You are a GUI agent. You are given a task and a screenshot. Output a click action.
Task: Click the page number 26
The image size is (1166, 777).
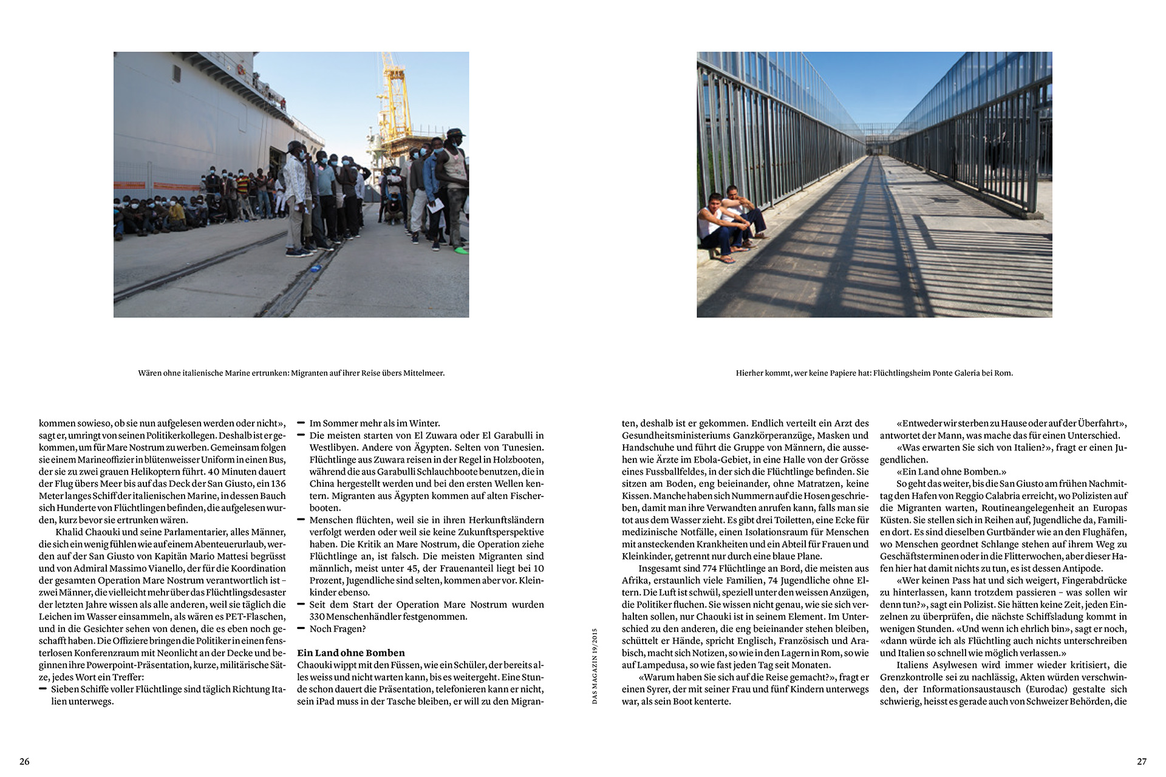[x=24, y=761]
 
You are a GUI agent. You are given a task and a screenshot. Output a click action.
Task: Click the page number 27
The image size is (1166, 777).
[x=1142, y=761]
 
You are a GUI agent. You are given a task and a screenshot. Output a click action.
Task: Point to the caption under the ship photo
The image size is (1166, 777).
[x=291, y=373]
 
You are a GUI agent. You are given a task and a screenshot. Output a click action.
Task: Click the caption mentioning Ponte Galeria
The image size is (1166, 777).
[x=874, y=373]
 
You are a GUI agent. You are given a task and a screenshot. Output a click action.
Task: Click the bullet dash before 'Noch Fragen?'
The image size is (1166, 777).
[x=301, y=629]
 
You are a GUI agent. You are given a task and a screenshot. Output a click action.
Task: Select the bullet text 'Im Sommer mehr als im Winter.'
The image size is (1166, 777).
[x=375, y=423]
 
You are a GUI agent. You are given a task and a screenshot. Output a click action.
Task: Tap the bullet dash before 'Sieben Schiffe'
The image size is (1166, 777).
[x=43, y=689]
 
